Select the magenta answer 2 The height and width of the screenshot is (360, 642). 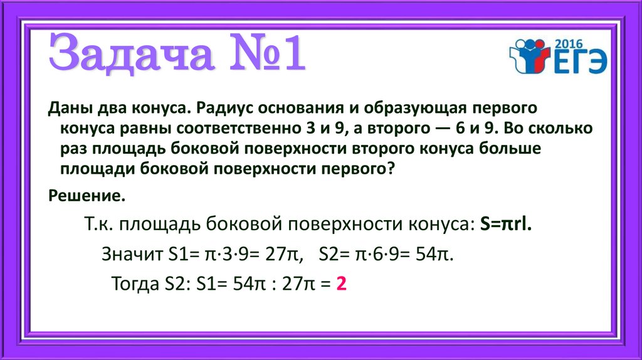(342, 284)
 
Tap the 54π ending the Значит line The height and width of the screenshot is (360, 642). (434, 255)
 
